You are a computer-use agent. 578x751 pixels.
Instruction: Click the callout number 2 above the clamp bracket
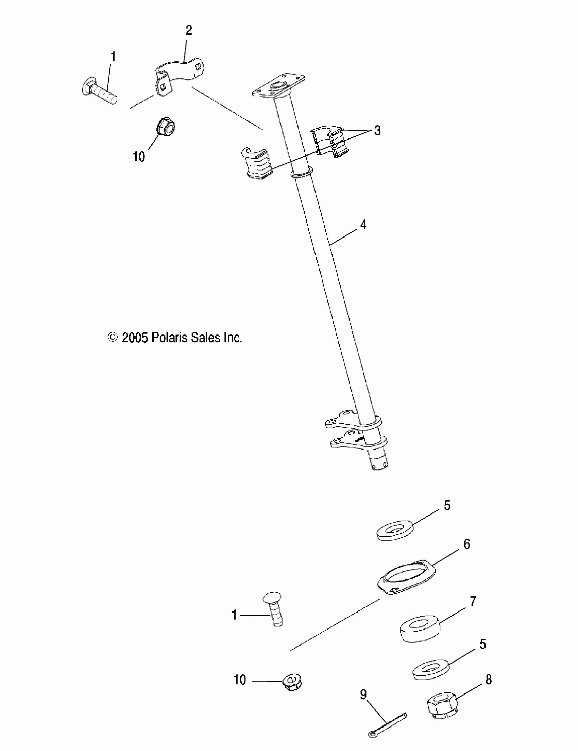[x=189, y=31]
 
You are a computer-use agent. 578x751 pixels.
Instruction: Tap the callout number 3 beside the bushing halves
[x=377, y=131]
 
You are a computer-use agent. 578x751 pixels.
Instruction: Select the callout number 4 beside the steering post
[x=363, y=225]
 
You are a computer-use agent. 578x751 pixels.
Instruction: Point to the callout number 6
[x=467, y=544]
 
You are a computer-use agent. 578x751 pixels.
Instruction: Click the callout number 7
[x=473, y=601]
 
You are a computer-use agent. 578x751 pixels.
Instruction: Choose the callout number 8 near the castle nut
[x=488, y=680]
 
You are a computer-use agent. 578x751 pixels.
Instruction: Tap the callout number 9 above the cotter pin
[x=363, y=695]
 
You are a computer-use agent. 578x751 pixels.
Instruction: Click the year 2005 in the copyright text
[x=135, y=338]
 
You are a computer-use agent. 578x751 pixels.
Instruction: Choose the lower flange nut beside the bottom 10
[x=292, y=682]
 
